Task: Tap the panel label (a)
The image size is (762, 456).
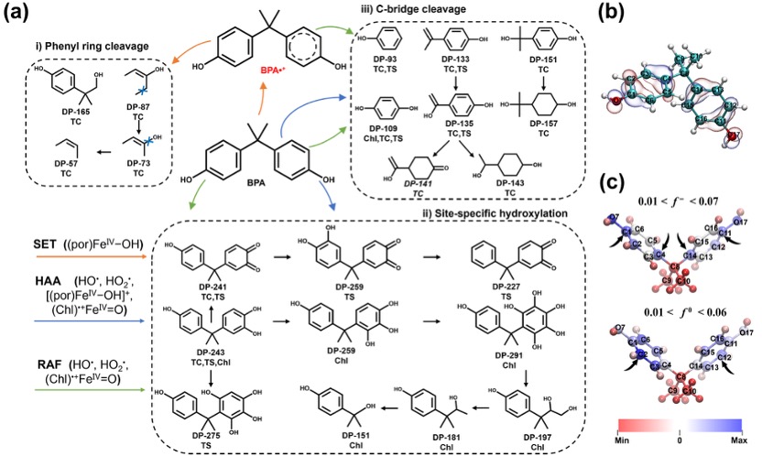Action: [x=16, y=15]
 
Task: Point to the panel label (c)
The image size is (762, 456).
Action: [x=624, y=178]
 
